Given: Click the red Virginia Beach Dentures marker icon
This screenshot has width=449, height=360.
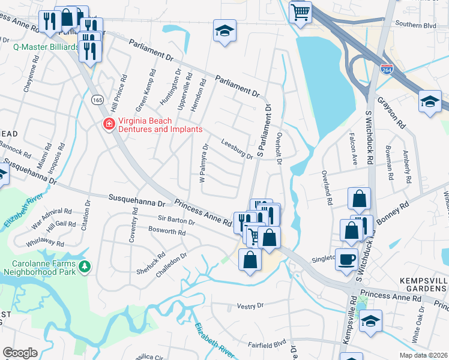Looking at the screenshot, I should tap(109, 124).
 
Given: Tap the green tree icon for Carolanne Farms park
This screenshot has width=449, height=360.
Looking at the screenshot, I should tap(85, 265).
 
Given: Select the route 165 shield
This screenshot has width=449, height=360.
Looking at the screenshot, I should tap(97, 100).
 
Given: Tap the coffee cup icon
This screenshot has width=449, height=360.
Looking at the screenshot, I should tap(346, 259).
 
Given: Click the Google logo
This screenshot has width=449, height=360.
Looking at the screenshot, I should tap(20, 353).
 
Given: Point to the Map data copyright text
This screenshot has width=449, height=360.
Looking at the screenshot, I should tap(424, 355).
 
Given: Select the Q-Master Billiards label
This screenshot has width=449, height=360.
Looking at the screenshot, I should tap(46, 46).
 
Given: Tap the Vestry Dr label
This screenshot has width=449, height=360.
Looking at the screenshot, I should tap(250, 305).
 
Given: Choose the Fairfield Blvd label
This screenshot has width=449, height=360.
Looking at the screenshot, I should tap(267, 345).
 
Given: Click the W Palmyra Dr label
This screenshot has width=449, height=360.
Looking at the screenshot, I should tap(202, 161).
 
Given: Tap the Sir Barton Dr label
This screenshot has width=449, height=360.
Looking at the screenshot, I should tap(176, 221).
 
